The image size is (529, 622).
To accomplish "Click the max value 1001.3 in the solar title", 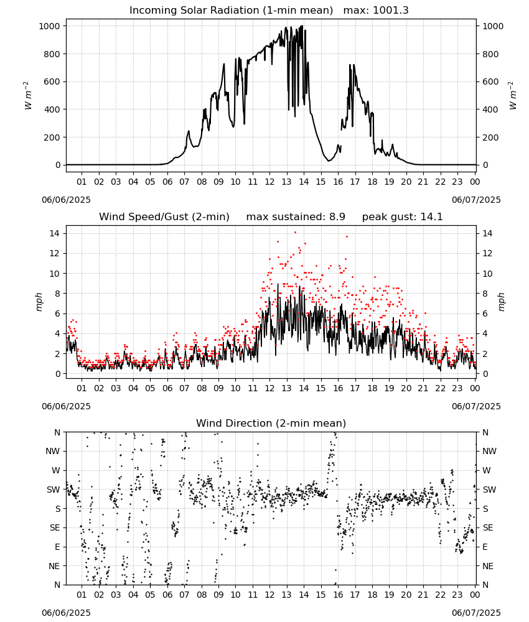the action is pyautogui.click(x=391, y=11).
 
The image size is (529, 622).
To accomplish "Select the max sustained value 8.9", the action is pyautogui.click(x=337, y=217).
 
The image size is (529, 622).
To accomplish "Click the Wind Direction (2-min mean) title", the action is pyautogui.click(x=271, y=423).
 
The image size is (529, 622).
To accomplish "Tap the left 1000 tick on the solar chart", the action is pyautogui.click(x=50, y=26).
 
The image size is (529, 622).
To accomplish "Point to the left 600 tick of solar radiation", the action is pyautogui.click(x=52, y=81).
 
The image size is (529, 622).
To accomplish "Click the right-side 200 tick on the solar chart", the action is pyautogui.click(x=490, y=137).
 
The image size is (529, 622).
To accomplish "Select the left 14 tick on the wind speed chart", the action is pyautogui.click(x=55, y=234).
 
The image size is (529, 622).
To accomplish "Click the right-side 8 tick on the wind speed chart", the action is pyautogui.click(x=485, y=294).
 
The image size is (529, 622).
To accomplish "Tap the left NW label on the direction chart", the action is pyautogui.click(x=53, y=452).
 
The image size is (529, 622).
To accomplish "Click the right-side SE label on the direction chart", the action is pyautogui.click(x=488, y=528).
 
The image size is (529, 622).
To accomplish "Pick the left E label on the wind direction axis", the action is pyautogui.click(x=57, y=547).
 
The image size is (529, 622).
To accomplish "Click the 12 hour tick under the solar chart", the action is pyautogui.click(x=270, y=182).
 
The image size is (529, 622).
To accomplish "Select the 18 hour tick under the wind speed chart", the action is pyautogui.click(x=372, y=388).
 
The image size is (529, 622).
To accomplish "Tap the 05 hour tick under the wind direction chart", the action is pyautogui.click(x=150, y=595).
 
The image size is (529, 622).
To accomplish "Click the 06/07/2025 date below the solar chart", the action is pyautogui.click(x=476, y=200).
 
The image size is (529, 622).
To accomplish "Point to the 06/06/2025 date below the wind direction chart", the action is pyautogui.click(x=66, y=613).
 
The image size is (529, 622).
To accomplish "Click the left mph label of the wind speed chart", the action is pyautogui.click(x=39, y=302).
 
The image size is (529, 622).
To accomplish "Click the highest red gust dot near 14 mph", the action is pyautogui.click(x=295, y=233).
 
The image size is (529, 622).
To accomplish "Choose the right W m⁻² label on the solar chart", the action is pyautogui.click(x=512, y=96).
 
